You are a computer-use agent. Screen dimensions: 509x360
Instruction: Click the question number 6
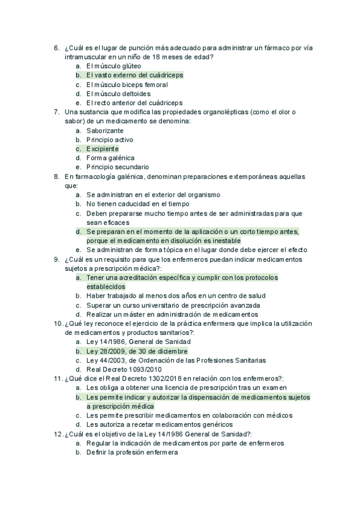click(56, 48)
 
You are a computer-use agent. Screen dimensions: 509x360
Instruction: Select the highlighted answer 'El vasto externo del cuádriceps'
click(134, 75)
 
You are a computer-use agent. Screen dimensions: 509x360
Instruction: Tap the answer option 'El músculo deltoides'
click(118, 94)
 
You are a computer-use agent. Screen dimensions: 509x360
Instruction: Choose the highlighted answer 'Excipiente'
click(102, 149)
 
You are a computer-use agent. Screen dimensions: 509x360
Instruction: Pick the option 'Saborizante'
click(105, 130)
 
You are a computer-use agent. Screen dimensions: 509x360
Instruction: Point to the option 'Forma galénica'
click(110, 158)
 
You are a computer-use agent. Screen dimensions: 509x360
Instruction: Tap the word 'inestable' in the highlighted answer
click(224, 241)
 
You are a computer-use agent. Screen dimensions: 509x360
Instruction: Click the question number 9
click(56, 259)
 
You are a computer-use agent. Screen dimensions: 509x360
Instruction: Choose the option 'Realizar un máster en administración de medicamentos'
click(172, 314)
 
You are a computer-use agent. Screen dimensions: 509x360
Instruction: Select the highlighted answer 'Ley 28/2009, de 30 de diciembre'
click(137, 351)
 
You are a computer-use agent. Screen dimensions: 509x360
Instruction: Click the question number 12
click(58, 433)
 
